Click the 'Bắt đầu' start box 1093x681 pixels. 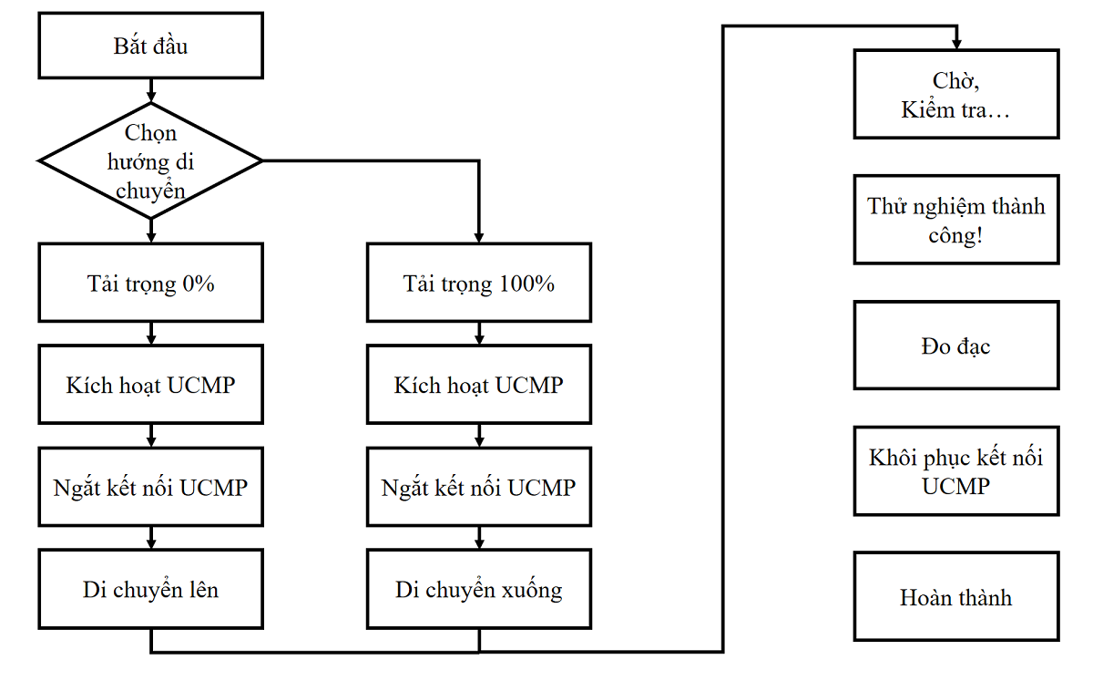click(150, 46)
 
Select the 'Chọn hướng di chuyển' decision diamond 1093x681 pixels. click(150, 161)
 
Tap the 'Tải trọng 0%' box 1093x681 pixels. click(150, 283)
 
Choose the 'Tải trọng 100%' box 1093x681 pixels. click(478, 283)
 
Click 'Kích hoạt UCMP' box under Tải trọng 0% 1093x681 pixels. click(150, 385)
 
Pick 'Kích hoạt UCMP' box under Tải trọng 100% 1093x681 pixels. click(478, 385)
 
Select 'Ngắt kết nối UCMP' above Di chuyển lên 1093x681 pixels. click(150, 487)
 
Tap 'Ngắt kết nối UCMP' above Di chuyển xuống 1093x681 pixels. click(478, 487)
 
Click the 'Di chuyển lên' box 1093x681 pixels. click(150, 589)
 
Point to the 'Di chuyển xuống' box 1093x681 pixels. click(478, 589)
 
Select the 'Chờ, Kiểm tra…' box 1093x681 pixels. click(956, 95)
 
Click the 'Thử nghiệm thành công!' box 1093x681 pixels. click(956, 220)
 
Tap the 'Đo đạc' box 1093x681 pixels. click(956, 346)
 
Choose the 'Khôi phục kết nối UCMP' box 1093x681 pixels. click(956, 470)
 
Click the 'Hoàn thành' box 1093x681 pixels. click(956, 597)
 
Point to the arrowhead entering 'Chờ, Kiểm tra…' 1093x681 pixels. click(956, 44)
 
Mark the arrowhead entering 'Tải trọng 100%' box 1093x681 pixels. click(478, 237)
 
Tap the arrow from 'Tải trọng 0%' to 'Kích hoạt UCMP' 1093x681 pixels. click(150, 334)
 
